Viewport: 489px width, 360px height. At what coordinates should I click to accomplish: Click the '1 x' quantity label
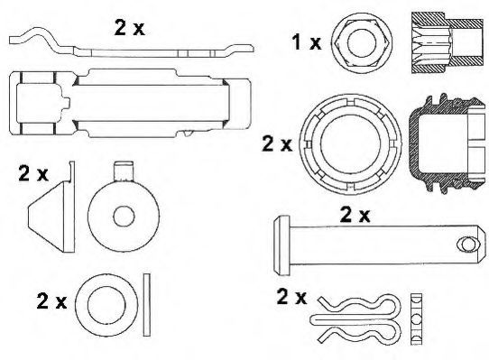(306, 42)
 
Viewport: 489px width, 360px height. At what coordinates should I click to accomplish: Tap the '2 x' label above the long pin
(355, 215)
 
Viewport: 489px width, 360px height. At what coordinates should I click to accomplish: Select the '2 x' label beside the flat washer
(51, 300)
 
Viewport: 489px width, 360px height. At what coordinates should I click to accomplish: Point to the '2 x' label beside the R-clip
(291, 296)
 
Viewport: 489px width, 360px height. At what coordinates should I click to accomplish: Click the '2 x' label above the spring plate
(129, 27)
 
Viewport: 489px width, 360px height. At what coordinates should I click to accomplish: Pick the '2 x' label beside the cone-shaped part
(33, 173)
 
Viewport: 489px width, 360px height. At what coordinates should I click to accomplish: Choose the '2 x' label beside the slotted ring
(277, 143)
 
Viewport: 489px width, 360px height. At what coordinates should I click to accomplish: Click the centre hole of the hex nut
(362, 43)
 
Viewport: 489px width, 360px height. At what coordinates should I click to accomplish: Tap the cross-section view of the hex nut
(447, 42)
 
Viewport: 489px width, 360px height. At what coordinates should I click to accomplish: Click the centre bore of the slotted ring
(351, 144)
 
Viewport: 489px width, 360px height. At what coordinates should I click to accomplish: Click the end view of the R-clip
(416, 318)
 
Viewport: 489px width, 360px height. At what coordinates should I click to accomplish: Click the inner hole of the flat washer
(106, 305)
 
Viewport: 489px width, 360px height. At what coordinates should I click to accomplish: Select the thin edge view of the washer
(146, 305)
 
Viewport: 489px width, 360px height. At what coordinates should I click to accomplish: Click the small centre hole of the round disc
(124, 217)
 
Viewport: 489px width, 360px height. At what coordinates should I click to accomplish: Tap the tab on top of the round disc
(124, 171)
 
